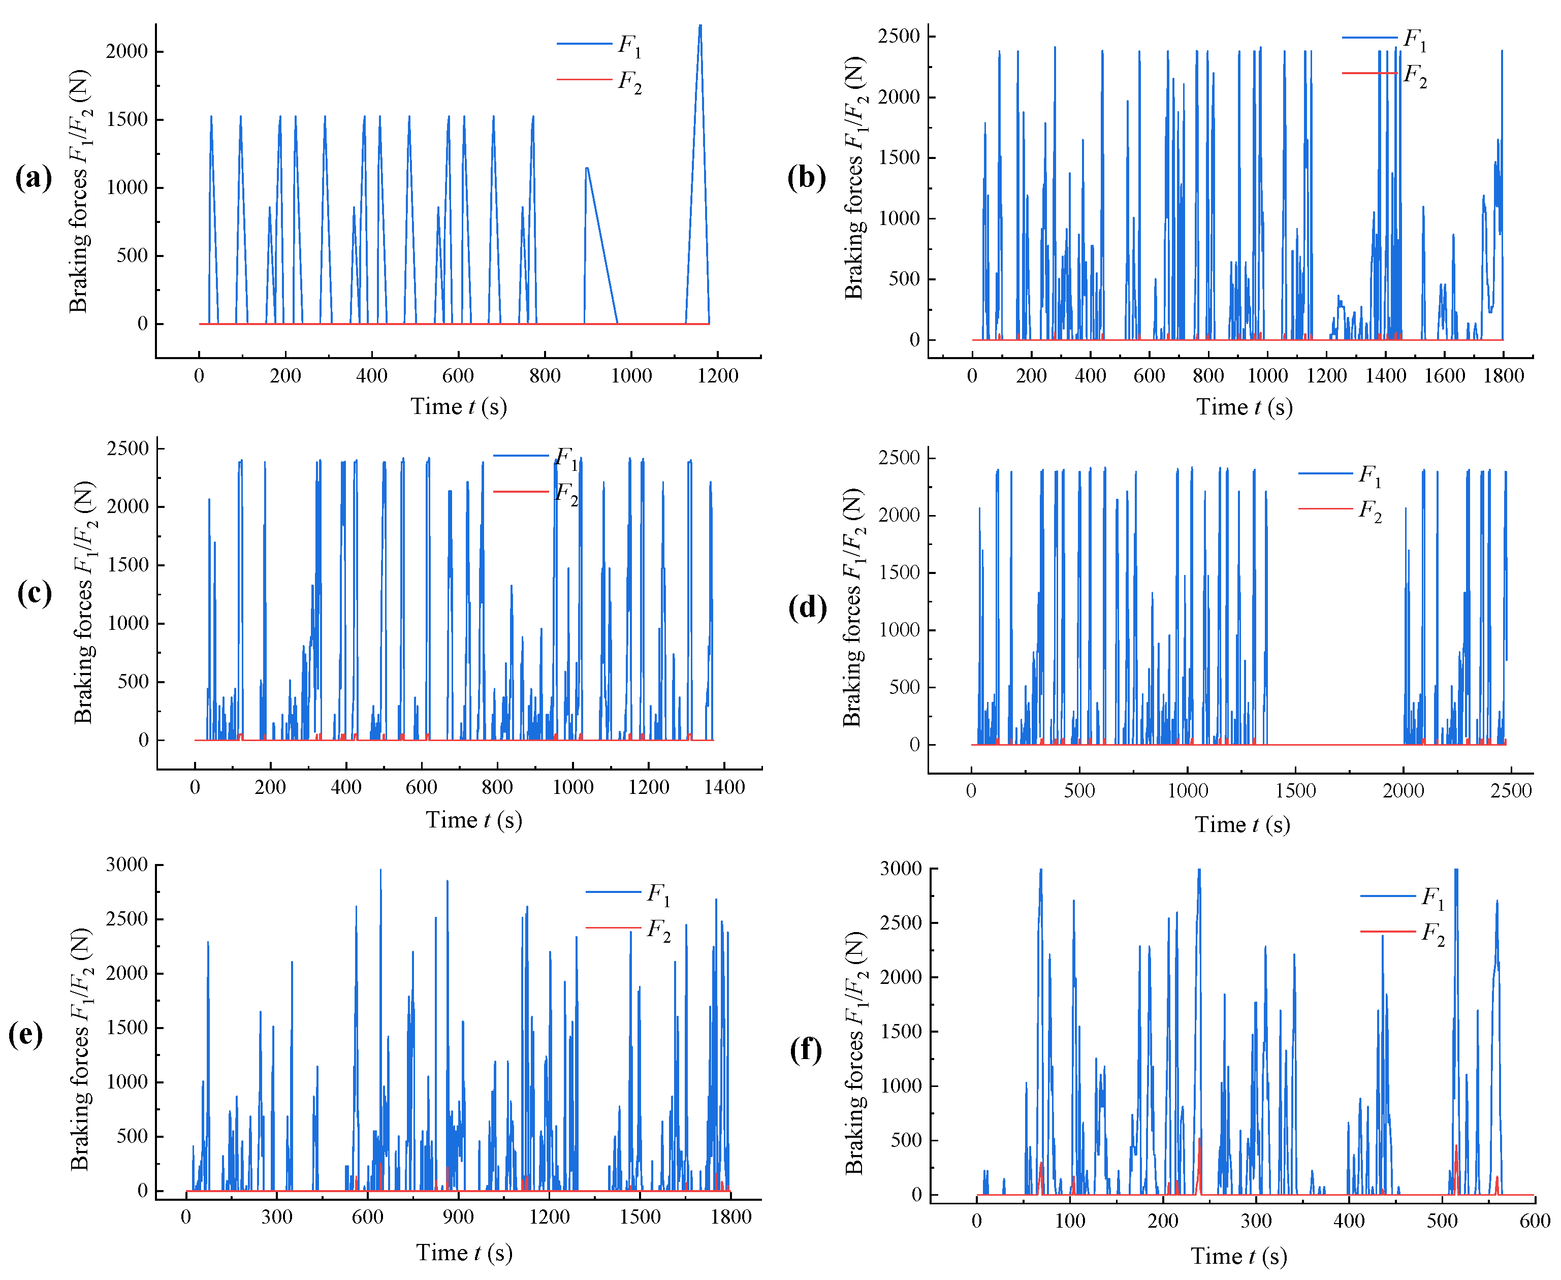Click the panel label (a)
[33, 178]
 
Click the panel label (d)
[807, 607]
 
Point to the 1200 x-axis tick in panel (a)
[717, 376]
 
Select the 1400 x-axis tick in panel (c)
[724, 787]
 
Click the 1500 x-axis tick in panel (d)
[1295, 791]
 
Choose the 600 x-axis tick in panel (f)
[1534, 1221]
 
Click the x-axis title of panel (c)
[473, 820]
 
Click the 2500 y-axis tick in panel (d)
[899, 458]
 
